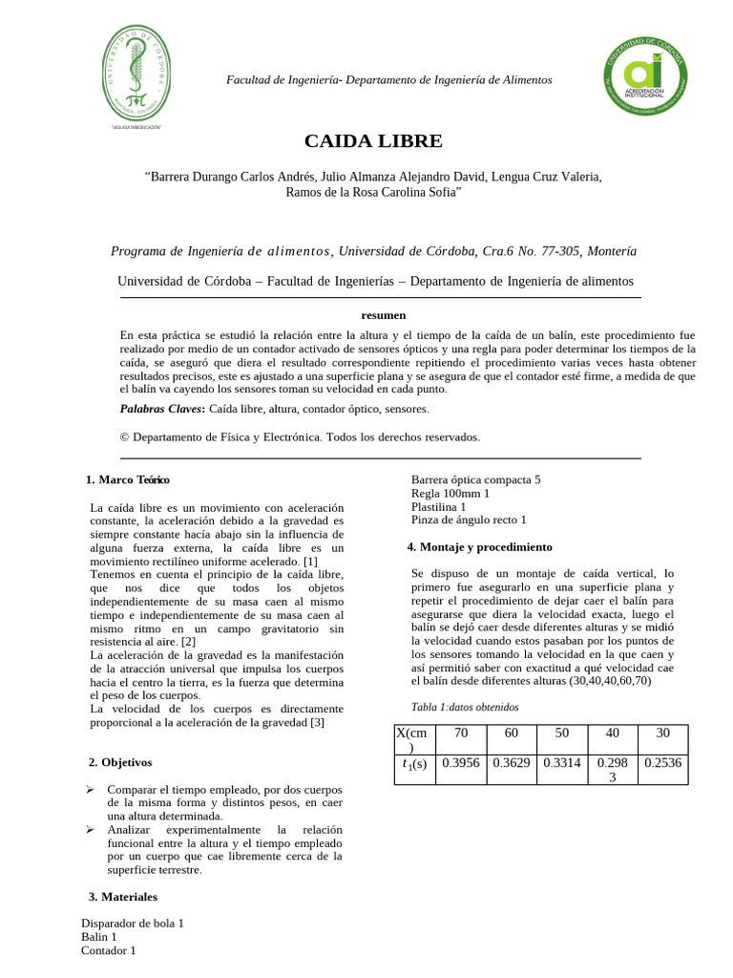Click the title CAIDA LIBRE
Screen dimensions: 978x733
coord(373,141)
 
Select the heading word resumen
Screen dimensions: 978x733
coord(384,314)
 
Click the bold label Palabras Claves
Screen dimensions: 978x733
coord(161,408)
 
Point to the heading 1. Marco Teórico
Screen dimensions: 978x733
coord(128,478)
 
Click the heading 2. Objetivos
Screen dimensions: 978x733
coord(119,762)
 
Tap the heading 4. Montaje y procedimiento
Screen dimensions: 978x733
coord(480,547)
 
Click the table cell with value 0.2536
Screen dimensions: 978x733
coord(664,763)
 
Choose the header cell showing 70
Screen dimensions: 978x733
coord(461,733)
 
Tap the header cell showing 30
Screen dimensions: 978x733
coord(664,733)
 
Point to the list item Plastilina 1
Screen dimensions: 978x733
coord(438,506)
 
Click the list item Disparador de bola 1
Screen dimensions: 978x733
coord(132,924)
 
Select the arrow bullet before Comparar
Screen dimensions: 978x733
coord(90,791)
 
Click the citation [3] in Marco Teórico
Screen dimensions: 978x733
coord(317,722)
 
